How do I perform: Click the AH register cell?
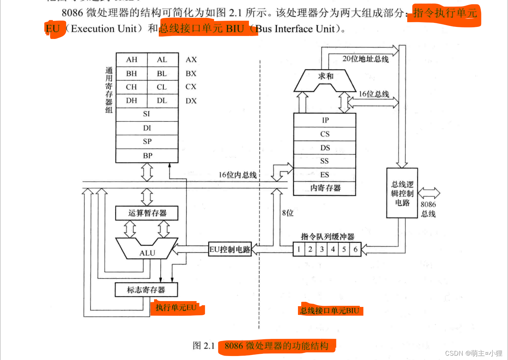[x=132, y=60]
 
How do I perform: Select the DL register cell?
[x=162, y=101]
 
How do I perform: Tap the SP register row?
[x=147, y=141]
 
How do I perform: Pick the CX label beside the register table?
[x=191, y=87]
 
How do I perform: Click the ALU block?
[x=147, y=251]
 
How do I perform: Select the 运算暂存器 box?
[x=147, y=213]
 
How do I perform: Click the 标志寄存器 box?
[x=146, y=290]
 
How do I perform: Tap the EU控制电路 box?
[x=230, y=249]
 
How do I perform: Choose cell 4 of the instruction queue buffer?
[x=333, y=249]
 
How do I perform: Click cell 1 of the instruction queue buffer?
[x=299, y=249]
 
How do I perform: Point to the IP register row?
[x=325, y=120]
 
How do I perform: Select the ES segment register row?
[x=324, y=175]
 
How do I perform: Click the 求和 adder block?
[x=325, y=78]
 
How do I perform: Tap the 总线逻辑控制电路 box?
[x=402, y=193]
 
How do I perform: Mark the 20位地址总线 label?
[x=365, y=59]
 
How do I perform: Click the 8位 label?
[x=288, y=213]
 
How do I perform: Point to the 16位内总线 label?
[x=237, y=175]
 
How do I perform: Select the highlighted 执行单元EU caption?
[x=176, y=308]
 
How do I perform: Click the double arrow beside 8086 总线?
[x=429, y=193]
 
